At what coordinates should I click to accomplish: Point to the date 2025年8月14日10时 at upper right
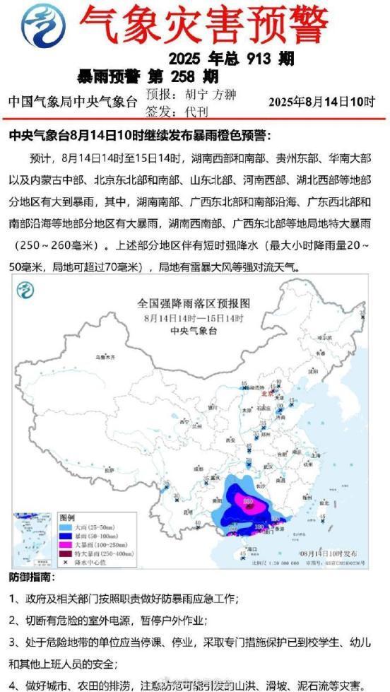(x=321, y=102)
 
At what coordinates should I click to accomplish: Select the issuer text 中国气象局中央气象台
(x=73, y=102)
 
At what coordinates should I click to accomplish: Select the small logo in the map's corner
(x=26, y=290)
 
